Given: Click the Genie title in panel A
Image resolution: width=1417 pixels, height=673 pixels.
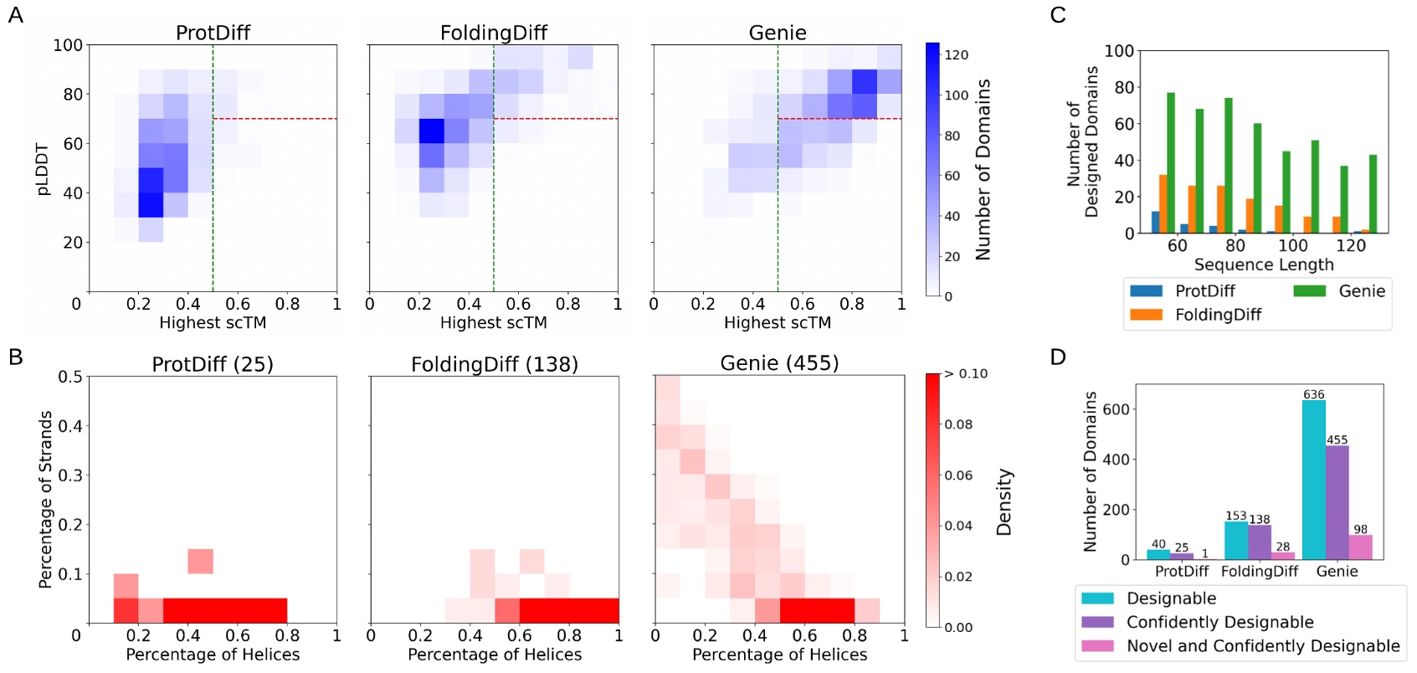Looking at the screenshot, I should coord(777,33).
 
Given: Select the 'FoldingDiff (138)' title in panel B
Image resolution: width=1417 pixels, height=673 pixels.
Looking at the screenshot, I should coord(494,364).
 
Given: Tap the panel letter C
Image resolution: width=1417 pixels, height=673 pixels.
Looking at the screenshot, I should coord(1057,15).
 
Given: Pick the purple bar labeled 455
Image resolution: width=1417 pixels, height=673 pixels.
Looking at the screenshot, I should coord(1337,502).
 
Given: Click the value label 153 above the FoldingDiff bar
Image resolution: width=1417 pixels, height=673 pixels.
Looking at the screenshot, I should coord(1235,516).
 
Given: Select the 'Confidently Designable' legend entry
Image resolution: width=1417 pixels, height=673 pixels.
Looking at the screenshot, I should coord(1219,622).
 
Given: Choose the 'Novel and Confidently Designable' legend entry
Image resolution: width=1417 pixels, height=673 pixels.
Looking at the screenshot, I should coord(1262,645).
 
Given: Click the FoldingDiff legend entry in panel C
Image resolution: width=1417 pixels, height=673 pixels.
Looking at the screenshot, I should coord(1217,315).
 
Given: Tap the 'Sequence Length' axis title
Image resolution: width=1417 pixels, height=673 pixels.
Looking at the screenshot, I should coord(1263,265).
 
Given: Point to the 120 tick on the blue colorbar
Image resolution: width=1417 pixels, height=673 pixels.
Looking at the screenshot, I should coord(956,55).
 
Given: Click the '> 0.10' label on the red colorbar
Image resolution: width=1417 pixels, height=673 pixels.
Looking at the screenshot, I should coord(965,373).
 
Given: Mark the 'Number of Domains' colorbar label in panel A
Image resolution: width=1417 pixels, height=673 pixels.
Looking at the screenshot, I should coord(983,169).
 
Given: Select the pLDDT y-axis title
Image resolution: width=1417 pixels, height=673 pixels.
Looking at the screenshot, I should coord(42,169).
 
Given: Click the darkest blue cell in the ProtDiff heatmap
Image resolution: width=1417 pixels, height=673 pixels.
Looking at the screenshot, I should coord(151,204).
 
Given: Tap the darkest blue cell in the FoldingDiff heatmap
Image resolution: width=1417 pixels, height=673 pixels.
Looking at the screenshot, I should coord(432,131).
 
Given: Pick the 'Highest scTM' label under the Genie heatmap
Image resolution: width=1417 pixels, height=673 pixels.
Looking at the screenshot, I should coord(777,322).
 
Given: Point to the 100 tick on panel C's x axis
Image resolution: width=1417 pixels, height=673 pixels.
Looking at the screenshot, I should coord(1292,245).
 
